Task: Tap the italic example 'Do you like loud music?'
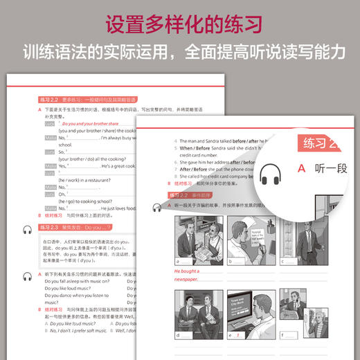point(76,323)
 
